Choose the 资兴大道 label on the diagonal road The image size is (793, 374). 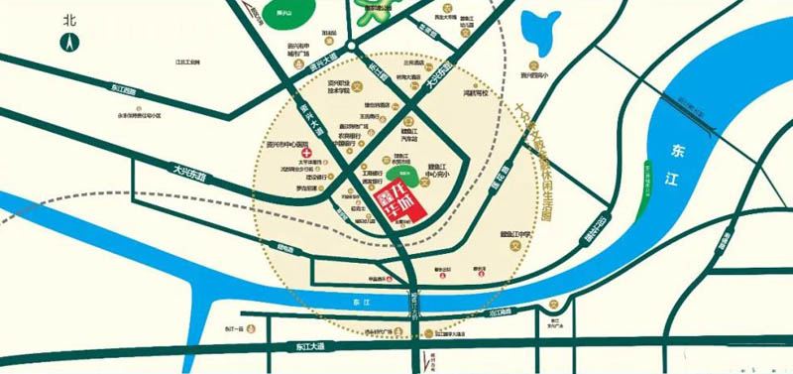coord(305,120)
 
